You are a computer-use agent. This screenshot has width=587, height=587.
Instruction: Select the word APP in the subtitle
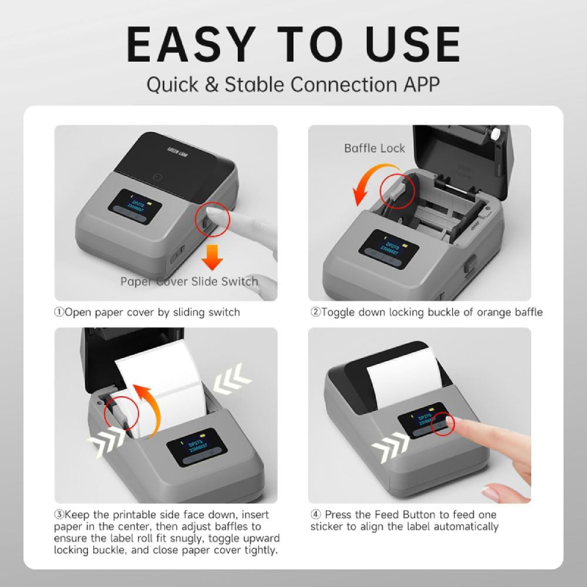pos(419,84)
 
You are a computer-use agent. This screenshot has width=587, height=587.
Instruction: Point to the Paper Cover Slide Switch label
pos(189,282)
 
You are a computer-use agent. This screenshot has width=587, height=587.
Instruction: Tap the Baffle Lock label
pos(374,148)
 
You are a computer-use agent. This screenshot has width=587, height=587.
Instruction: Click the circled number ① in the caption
pos(59,313)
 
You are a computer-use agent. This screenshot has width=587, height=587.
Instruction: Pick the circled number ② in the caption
pos(316,313)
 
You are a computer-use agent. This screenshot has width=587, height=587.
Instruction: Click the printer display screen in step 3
pos(192,449)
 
